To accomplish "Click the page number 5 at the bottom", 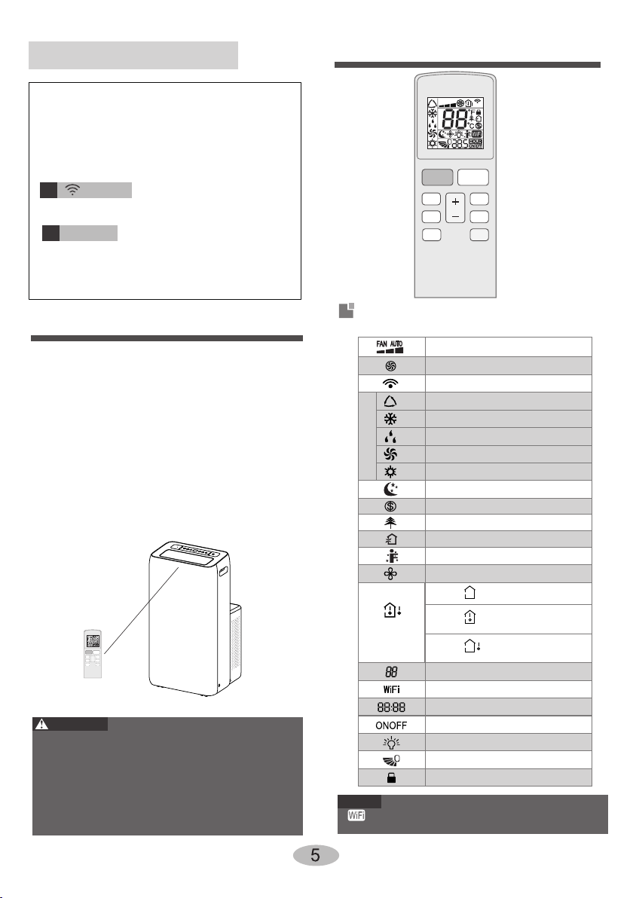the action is (x=315, y=855).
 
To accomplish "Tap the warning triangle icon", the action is (x=41, y=724).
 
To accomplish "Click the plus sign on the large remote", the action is (x=455, y=202).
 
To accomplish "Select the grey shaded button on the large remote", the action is (x=437, y=177).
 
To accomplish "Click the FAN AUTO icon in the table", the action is (x=390, y=347).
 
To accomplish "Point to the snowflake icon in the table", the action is (x=390, y=419).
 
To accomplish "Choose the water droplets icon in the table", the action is (x=390, y=437).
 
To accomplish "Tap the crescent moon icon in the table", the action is (x=390, y=489).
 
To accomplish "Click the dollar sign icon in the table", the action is (x=390, y=506).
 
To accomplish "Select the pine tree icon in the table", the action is (x=390, y=522).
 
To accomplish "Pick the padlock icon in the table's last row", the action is (x=391, y=777).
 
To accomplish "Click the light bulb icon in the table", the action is (x=391, y=743).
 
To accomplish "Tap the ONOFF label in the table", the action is (x=391, y=725).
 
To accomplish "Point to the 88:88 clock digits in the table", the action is (x=391, y=707).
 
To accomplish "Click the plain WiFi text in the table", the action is (x=391, y=689).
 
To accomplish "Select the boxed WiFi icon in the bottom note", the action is (x=356, y=815).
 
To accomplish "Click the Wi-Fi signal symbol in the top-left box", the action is (x=72, y=190).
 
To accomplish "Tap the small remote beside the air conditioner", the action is (x=93, y=654).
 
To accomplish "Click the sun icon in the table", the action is (x=390, y=472).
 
